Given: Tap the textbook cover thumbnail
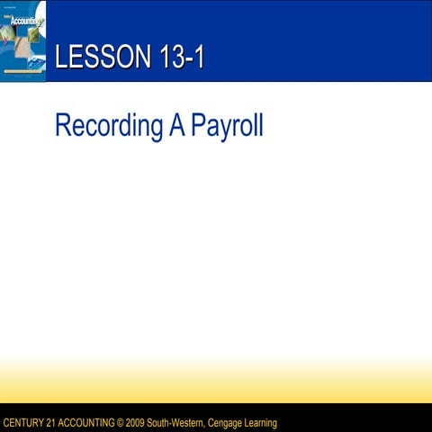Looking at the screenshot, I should click(22, 40).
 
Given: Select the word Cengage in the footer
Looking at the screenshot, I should click(225, 423).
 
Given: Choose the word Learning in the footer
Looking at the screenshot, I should click(262, 423).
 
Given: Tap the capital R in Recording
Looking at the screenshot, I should click(62, 125).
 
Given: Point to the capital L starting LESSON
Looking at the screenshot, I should click(60, 58).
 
